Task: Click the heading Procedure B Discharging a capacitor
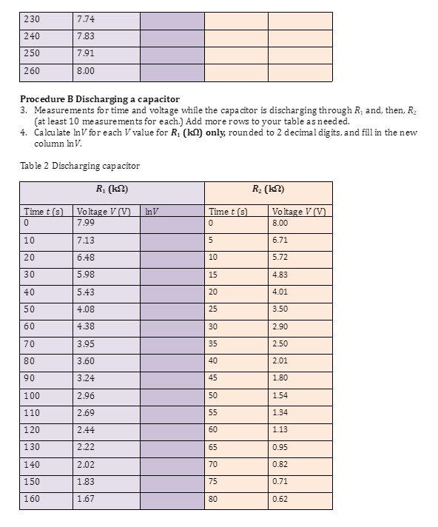click(x=99, y=98)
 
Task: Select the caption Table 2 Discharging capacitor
click(x=80, y=165)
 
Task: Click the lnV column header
click(x=153, y=212)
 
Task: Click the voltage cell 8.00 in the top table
click(x=85, y=71)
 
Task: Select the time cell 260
click(x=33, y=71)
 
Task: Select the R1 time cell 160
click(x=33, y=499)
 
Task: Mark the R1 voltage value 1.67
click(x=85, y=499)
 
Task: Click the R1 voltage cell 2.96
click(x=85, y=395)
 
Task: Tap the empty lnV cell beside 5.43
click(x=171, y=292)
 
